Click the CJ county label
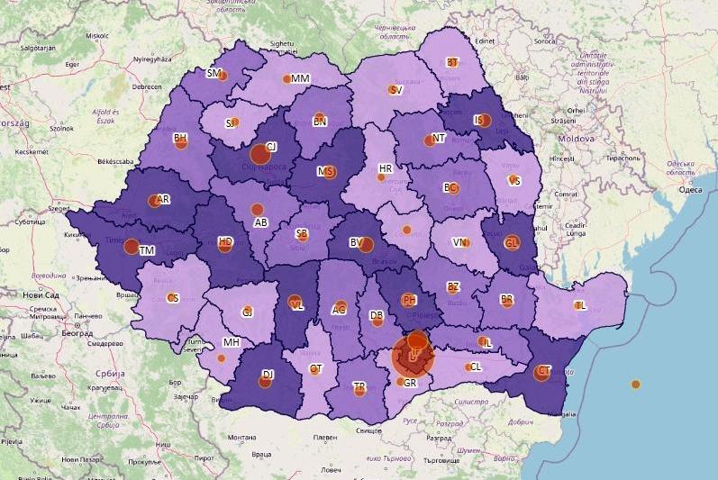pos(271,146)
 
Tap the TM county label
pos(147,250)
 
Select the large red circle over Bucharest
pos(413,358)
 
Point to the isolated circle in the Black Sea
pos(635,385)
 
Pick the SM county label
pos(214,73)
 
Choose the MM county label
pos(300,78)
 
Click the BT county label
pos(452,62)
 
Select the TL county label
pos(580,305)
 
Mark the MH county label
pos(231,343)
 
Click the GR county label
pos(410,383)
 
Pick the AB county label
pos(260,222)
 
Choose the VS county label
pos(514,180)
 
